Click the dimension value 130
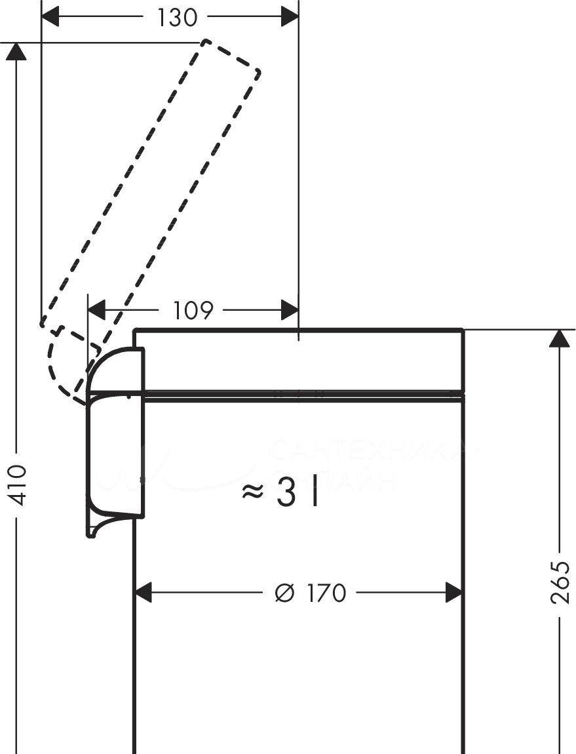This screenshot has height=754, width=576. pos(177,18)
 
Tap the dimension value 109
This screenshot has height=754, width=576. pos(194,309)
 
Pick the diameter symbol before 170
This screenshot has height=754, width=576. pos(284,593)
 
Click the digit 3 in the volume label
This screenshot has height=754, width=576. pos(286,494)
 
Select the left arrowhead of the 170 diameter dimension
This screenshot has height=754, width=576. pos(144,593)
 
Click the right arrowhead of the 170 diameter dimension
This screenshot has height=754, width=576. pos(454,593)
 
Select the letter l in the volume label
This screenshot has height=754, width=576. pos(315,494)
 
